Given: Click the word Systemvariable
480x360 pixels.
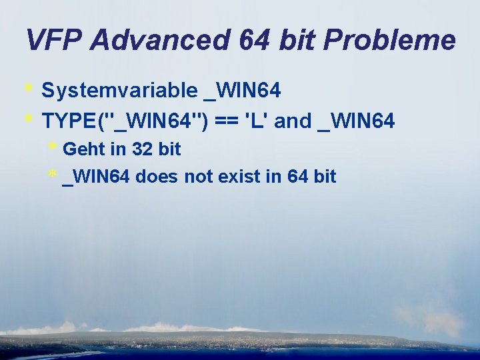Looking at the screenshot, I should pyautogui.click(x=120, y=90).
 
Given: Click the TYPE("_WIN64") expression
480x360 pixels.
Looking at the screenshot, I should pyautogui.click(x=125, y=121).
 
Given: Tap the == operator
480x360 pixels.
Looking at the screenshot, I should pyautogui.click(x=226, y=121).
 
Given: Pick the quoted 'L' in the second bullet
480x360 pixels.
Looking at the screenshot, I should pyautogui.click(x=257, y=121).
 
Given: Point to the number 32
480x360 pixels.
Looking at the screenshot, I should pyautogui.click(x=143, y=149).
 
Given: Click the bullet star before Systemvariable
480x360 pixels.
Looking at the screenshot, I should pyautogui.click(x=29, y=88).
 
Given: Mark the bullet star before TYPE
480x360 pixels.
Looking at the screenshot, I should pyautogui.click(x=29, y=119).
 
